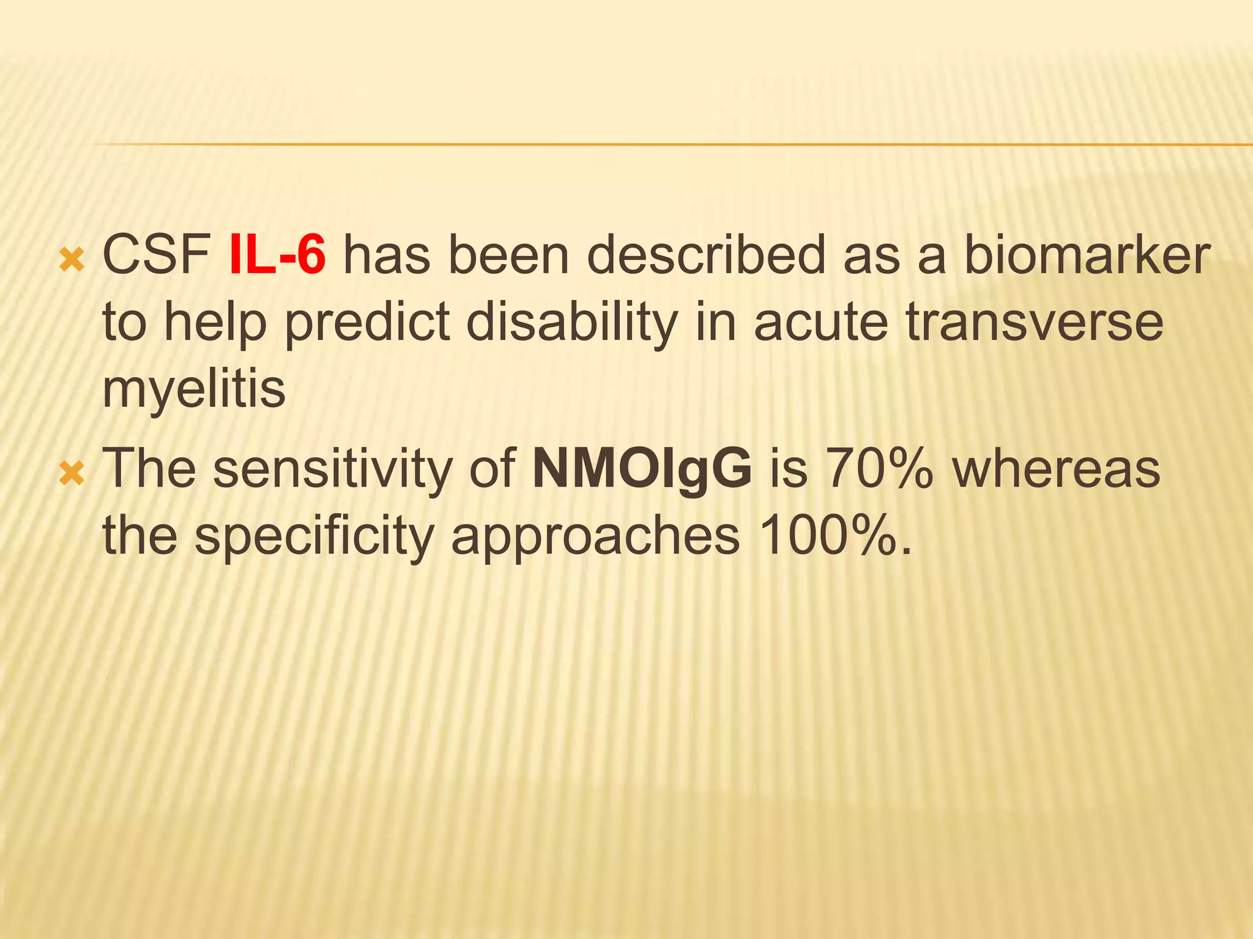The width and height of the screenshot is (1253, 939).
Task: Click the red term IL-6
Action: click(277, 256)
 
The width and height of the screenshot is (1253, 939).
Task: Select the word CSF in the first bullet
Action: click(157, 256)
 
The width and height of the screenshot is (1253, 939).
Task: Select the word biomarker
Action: click(1087, 256)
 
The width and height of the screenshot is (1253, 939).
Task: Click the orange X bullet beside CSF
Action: click(72, 260)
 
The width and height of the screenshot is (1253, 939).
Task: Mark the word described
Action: click(706, 256)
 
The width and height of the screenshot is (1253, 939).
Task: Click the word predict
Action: click(367, 322)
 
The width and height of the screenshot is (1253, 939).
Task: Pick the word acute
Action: click(820, 322)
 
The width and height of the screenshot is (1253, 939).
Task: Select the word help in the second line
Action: click(215, 322)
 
